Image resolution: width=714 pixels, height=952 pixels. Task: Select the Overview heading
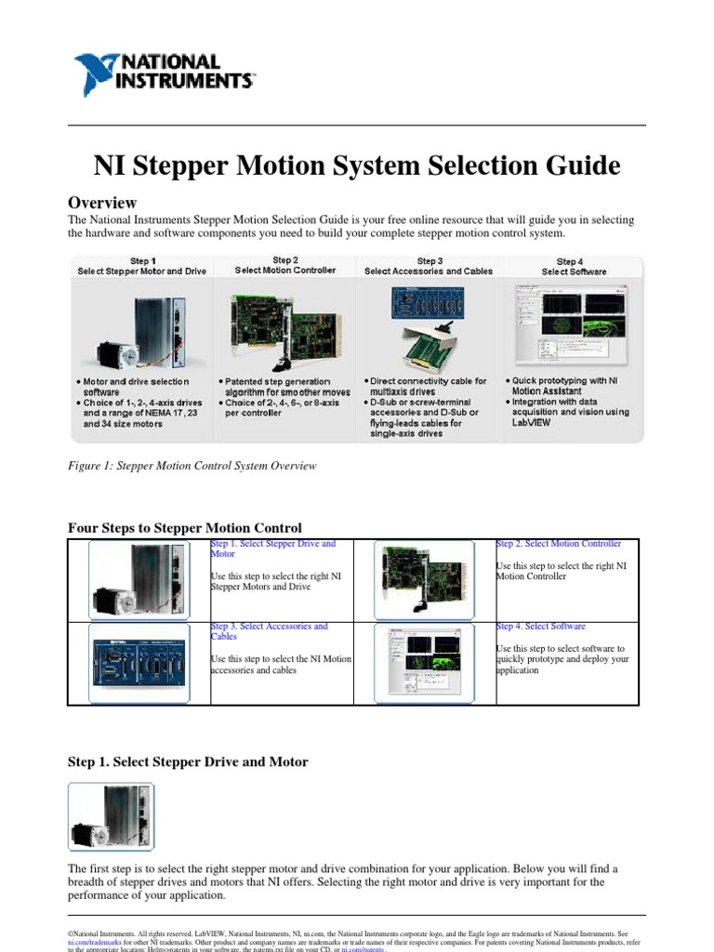point(102,203)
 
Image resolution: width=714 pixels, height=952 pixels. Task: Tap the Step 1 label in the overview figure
point(141,261)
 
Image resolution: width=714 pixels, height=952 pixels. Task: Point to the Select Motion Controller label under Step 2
point(285,271)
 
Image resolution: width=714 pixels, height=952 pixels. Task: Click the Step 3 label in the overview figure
point(429,261)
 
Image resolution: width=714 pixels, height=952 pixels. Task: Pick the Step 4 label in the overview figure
point(570,262)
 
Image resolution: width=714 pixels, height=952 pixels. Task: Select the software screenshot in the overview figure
point(570,325)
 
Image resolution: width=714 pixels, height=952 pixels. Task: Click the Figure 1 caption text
point(192,466)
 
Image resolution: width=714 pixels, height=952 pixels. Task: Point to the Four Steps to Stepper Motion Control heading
point(185,528)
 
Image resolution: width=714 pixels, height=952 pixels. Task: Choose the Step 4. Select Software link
point(541,627)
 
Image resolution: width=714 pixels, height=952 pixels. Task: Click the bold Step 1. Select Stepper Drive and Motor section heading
point(188,761)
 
